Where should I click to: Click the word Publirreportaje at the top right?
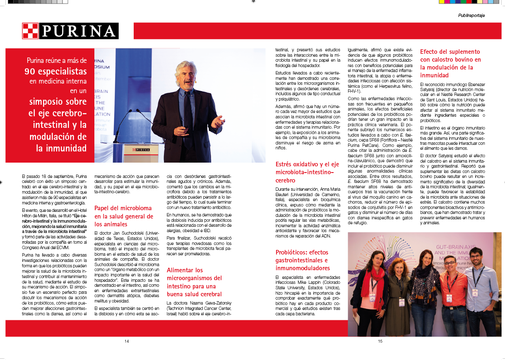pos(471,15)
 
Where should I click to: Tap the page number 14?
pos(127,341)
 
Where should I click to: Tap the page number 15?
pos(380,341)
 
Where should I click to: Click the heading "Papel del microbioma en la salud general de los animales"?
pos(124,216)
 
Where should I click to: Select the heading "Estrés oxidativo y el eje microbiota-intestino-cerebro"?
pos(307,172)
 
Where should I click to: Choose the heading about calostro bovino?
pos(450,63)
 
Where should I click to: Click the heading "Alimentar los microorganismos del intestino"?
pos(195,282)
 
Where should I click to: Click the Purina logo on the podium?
pos(141,149)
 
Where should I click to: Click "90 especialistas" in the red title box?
pos(55,71)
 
